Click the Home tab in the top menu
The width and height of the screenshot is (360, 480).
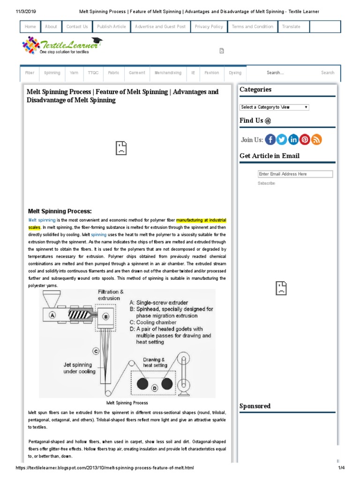point(30,27)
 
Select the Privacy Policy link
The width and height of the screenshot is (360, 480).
point(209,27)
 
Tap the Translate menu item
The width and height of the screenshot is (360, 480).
point(291,27)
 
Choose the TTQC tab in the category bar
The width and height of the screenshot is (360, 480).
point(93,73)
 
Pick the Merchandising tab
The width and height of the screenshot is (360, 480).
point(168,73)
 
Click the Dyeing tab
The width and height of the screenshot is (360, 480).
point(235,73)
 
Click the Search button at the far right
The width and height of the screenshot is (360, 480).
point(328,73)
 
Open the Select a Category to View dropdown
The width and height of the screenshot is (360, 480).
point(274,107)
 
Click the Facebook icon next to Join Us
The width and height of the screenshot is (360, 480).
point(270,140)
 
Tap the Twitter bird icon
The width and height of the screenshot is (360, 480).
point(282,140)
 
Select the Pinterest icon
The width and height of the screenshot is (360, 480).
point(305,140)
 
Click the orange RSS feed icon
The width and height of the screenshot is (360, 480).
point(316,140)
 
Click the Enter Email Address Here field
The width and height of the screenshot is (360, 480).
point(295,174)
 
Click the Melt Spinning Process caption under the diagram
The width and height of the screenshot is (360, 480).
point(127,403)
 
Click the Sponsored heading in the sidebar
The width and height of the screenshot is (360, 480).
point(255,406)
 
